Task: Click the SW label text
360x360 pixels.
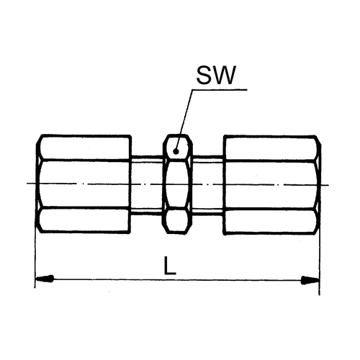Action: [216, 75]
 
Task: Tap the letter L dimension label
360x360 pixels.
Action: [170, 266]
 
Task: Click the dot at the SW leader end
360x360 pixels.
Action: [176, 151]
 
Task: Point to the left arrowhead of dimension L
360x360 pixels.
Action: [44, 279]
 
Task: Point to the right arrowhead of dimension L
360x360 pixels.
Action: [310, 280]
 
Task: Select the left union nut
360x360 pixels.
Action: [84, 184]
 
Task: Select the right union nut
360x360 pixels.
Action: [272, 185]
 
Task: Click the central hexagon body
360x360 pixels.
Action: [177, 184]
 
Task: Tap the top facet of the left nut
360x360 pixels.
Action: [85, 148]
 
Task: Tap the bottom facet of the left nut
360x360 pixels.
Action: [84, 220]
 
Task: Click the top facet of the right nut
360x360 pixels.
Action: [271, 148]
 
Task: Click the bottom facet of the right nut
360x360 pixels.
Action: [271, 221]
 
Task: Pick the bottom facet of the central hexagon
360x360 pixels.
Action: [177, 220]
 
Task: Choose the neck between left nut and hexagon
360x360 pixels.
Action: [147, 184]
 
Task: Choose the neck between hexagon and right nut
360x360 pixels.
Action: [208, 184]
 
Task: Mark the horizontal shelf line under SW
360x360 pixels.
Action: [220, 90]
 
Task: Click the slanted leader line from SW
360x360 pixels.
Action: [184, 120]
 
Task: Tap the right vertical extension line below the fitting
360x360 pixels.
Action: [320, 265]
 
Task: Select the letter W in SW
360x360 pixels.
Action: [225, 75]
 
